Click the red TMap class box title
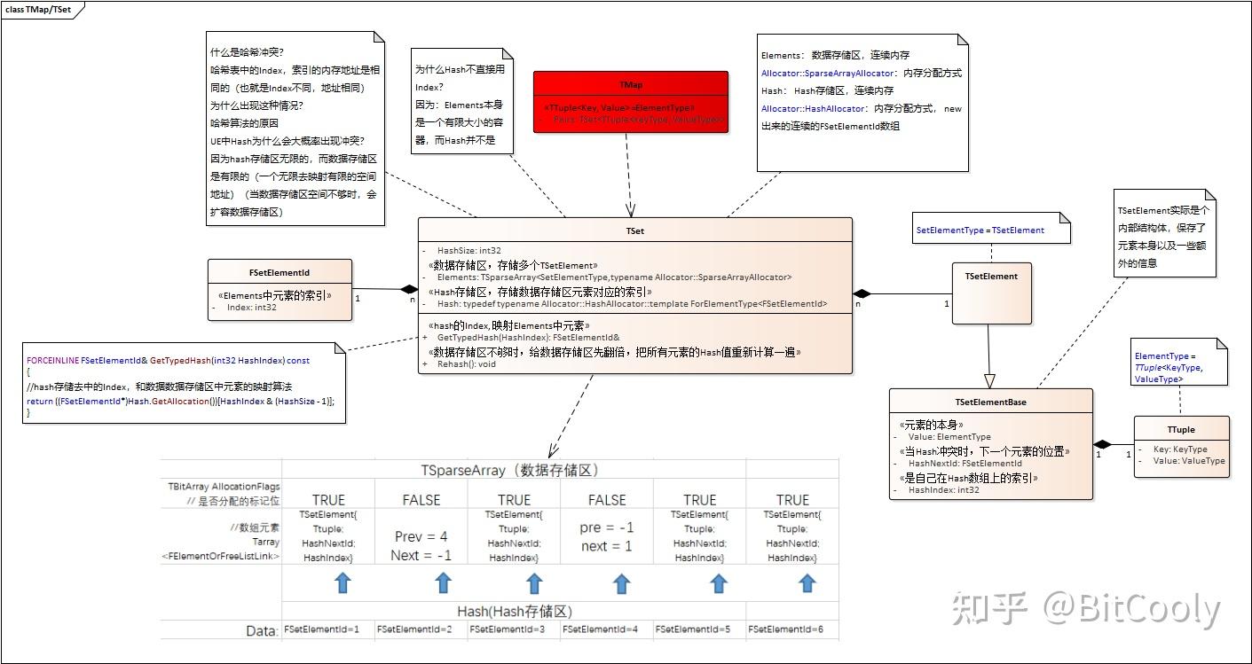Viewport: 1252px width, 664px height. pyautogui.click(x=631, y=85)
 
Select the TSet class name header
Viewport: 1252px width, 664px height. pyautogui.click(x=634, y=230)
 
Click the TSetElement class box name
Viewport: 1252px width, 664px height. pyautogui.click(x=991, y=276)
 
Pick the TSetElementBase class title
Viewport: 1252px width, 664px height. pyautogui.click(x=990, y=402)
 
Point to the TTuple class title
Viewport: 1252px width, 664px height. pyautogui.click(x=1181, y=429)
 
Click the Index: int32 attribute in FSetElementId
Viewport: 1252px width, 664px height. pyautogui.click(x=252, y=308)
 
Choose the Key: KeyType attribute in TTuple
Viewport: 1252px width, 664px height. pyautogui.click(x=1179, y=449)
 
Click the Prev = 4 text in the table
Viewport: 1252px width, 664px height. pyautogui.click(x=421, y=536)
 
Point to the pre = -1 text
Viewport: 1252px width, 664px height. pyautogui.click(x=607, y=527)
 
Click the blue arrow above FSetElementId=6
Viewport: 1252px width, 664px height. pyautogui.click(x=806, y=582)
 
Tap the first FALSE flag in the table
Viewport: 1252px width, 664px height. pyautogui.click(x=421, y=500)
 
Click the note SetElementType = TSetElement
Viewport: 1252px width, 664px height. pyautogui.click(x=980, y=230)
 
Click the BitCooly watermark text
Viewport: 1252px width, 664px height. pyautogui.click(x=1131, y=611)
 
